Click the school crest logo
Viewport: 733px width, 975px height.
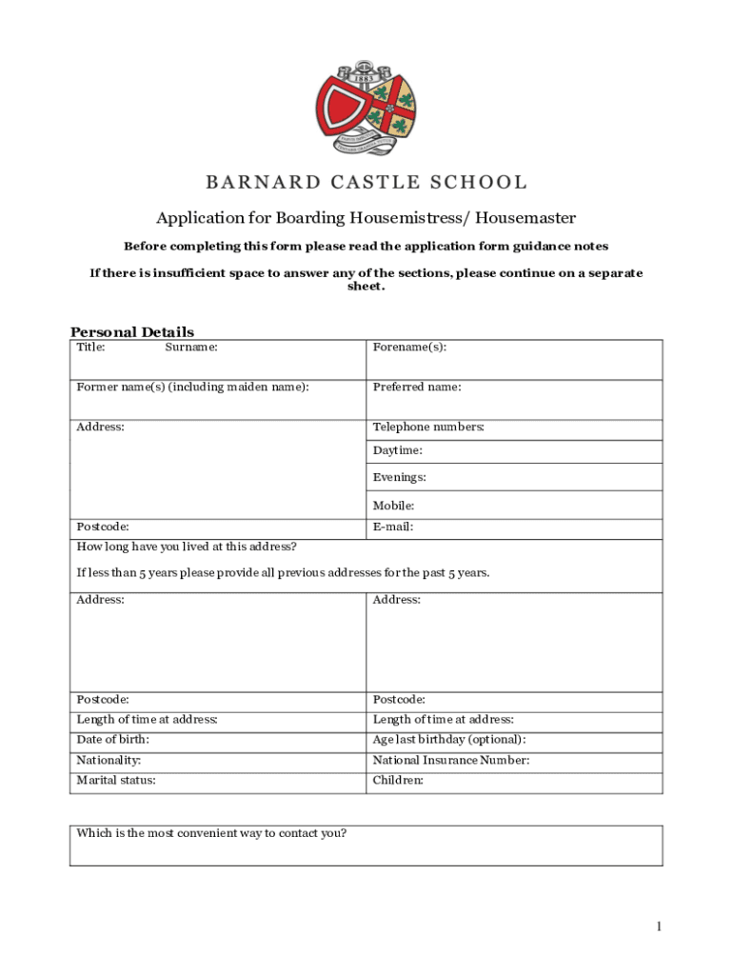tap(366, 109)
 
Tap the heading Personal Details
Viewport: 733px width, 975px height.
tap(132, 331)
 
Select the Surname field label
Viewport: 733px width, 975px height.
tap(191, 348)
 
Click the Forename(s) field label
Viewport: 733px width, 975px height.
tap(409, 348)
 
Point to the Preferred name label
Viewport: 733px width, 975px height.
tap(417, 388)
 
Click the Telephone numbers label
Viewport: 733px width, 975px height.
tap(428, 428)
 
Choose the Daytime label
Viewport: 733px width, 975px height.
tap(398, 450)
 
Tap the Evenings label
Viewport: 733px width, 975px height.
tap(400, 477)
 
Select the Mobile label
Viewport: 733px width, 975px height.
tap(394, 506)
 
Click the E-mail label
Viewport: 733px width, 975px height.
tap(393, 527)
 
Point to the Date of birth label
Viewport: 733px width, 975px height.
tap(112, 740)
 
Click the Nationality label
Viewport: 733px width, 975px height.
tap(109, 761)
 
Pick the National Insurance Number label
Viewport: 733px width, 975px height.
tap(451, 761)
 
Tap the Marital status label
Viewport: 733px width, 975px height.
tap(116, 781)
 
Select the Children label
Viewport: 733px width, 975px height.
tap(398, 781)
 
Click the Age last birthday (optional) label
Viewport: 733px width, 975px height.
tap(449, 740)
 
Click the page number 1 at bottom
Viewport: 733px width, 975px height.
tap(658, 926)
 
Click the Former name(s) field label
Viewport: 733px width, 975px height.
tap(192, 388)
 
